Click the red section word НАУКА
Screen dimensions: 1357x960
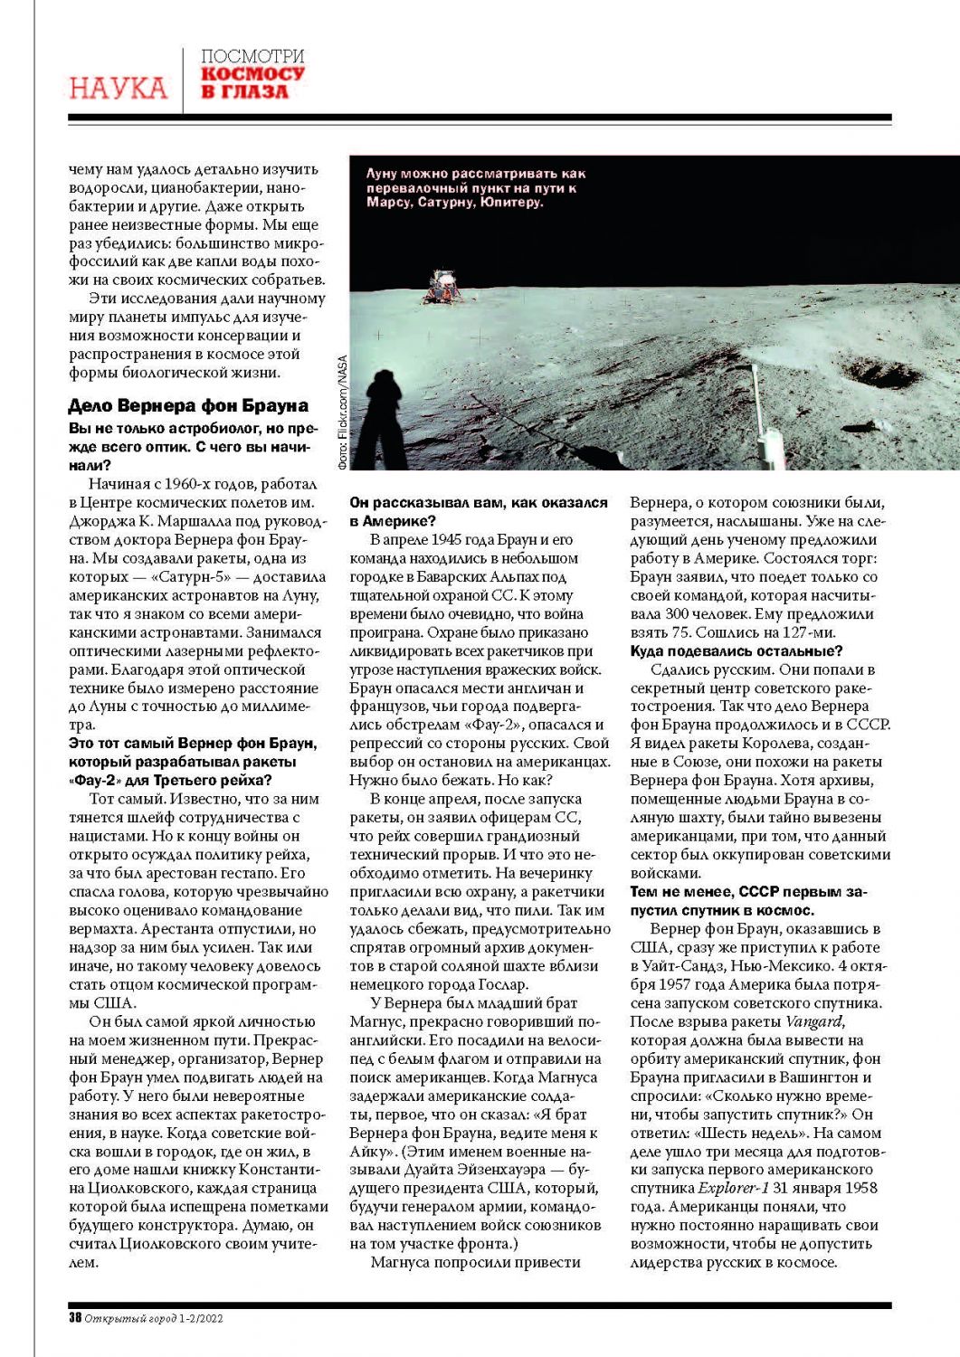tap(118, 88)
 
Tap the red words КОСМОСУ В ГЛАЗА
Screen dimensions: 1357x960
tap(252, 82)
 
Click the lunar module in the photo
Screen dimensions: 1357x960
tap(443, 284)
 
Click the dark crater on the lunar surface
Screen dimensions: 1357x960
tap(875, 373)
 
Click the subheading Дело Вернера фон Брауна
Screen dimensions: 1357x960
tap(188, 405)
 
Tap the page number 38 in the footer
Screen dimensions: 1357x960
tap(75, 1318)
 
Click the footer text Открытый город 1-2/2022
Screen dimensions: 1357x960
tap(154, 1318)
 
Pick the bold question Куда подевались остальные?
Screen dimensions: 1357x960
tap(737, 650)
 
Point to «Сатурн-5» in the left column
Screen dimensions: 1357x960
tap(201, 577)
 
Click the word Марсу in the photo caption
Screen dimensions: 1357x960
tap(389, 203)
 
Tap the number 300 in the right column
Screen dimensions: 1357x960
tap(679, 614)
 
